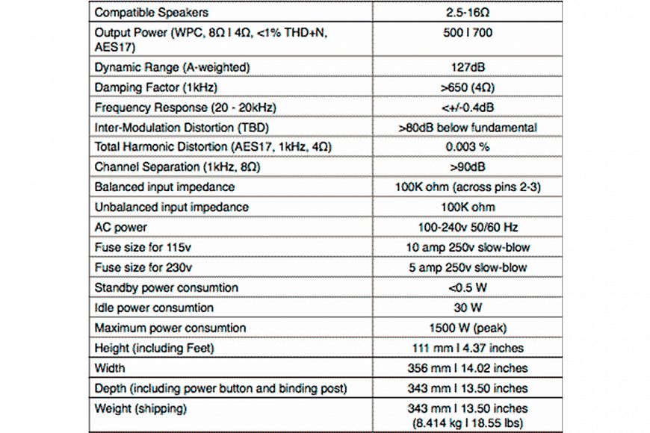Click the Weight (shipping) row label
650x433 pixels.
click(140, 408)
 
